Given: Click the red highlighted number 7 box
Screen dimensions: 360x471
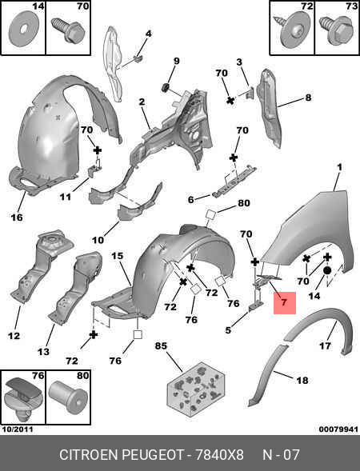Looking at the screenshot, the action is pos(285,303).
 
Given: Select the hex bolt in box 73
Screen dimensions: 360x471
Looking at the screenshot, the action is pos(338,30).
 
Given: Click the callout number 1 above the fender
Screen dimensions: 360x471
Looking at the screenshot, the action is pos(339,167).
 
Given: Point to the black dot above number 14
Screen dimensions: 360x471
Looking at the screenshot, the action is pos(327,270).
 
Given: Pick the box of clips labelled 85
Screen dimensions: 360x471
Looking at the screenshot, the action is pos(195,389).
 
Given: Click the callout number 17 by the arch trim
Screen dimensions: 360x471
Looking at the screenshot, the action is pos(325,345).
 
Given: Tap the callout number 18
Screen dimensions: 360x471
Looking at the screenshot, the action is pos(302,381).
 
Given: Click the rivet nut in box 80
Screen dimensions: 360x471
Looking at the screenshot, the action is pos(69,397).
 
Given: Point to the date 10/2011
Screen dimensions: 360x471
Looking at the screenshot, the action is pos(18,429).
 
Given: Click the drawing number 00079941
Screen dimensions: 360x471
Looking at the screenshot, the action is pos(338,429).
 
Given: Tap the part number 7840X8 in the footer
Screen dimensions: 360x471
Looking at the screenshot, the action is pos(219,455).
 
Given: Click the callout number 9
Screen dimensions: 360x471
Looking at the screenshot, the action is pos(176,61).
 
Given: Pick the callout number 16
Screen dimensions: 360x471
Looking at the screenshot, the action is pos(17,217).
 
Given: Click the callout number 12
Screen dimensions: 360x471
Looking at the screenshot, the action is pos(14,336).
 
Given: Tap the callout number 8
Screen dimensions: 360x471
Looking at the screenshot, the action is pos(308,98).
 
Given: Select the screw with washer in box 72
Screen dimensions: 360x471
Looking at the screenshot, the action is pos(290,31).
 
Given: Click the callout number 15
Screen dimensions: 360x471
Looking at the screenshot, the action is pos(117,256).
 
